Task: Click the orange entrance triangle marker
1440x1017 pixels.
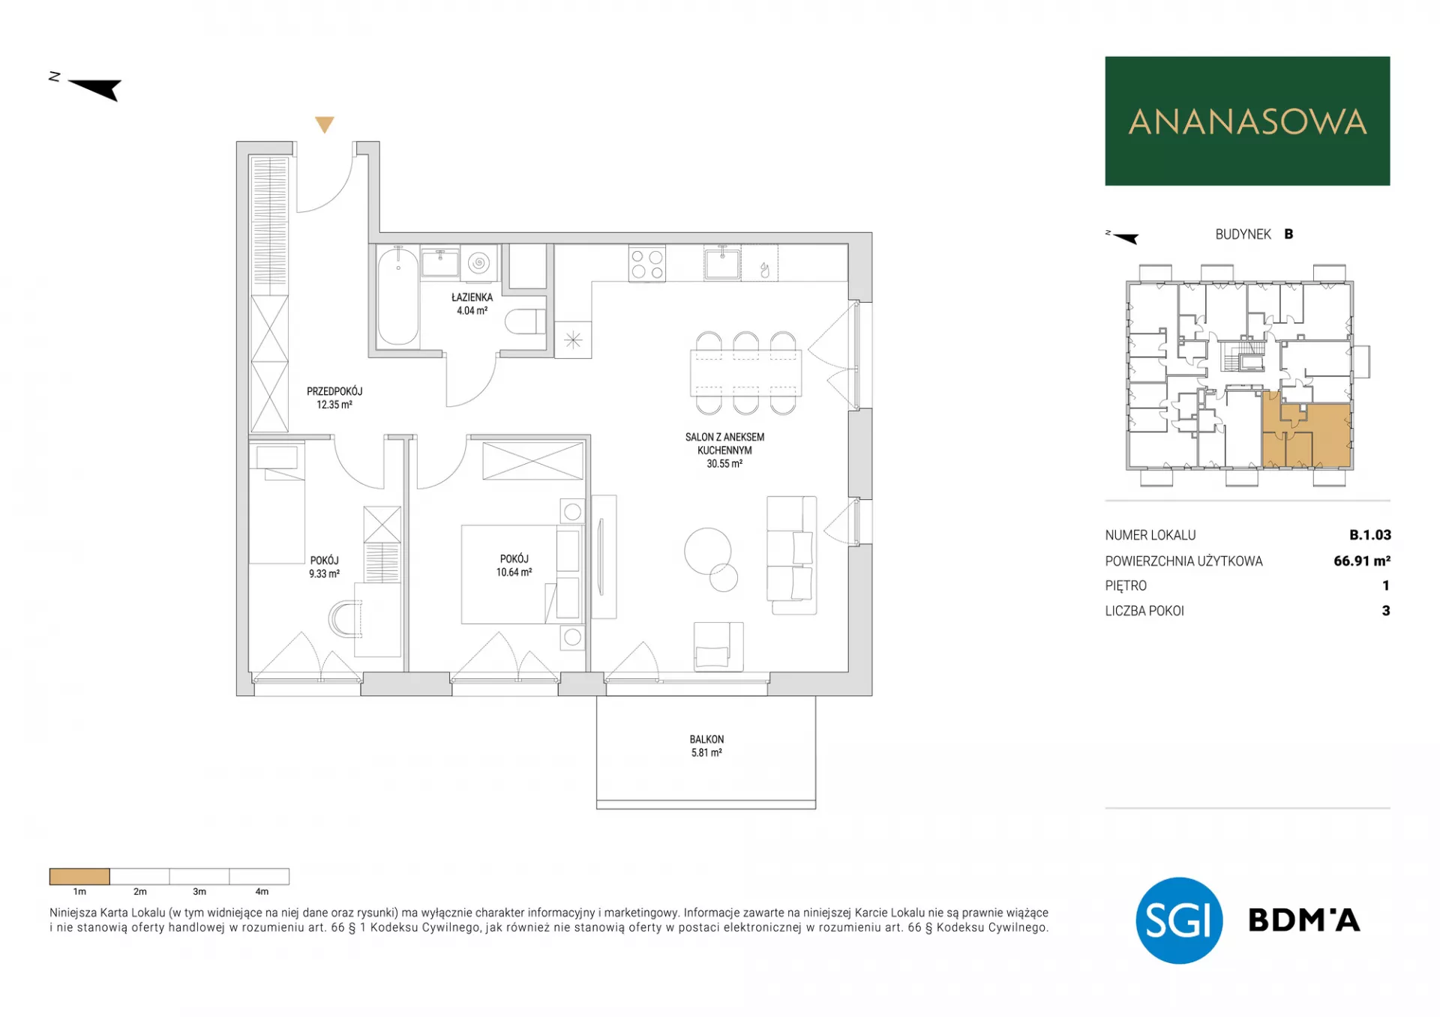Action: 324,124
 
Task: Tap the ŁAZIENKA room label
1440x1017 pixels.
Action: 472,298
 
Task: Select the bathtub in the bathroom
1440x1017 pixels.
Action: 397,297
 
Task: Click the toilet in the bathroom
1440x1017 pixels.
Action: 525,322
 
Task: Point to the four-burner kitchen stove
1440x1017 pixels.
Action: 647,264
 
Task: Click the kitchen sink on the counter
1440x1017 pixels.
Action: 722,263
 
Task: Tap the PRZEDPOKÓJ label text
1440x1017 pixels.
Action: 334,391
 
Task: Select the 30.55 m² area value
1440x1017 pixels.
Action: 724,464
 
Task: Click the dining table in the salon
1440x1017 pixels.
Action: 745,372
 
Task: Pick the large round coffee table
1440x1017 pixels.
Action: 707,551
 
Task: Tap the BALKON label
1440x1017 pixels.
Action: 706,740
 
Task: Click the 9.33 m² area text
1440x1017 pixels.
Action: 324,574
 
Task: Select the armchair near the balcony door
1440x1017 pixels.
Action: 718,646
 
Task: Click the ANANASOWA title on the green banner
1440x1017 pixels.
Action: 1247,122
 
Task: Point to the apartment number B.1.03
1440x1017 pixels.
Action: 1370,535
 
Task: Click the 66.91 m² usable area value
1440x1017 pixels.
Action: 1362,561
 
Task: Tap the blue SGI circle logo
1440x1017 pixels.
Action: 1179,920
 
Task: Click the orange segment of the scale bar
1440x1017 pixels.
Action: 79,876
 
